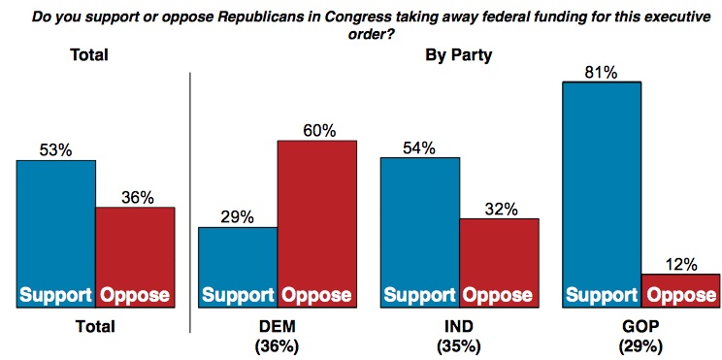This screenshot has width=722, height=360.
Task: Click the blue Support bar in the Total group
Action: click(x=55, y=234)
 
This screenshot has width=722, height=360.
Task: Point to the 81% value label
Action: click(x=601, y=71)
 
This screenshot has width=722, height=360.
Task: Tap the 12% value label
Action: click(x=680, y=263)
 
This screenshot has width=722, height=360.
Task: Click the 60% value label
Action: click(x=317, y=129)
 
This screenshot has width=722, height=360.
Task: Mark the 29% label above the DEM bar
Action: click(x=238, y=216)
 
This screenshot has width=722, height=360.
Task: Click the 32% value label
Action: click(x=499, y=208)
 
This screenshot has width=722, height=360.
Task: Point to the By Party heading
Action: click(x=459, y=55)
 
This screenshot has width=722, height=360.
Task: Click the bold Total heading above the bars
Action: click(x=92, y=55)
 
